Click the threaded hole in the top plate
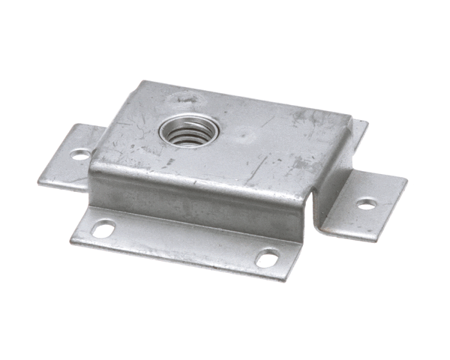coord(187,134)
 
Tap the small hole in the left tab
coord(79,155)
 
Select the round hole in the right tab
coord(366,203)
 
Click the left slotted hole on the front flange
coord(104,228)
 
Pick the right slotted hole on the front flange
coord(266,259)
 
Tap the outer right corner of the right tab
coord(406,183)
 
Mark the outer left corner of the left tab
coord(40,181)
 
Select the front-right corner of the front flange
coord(285,279)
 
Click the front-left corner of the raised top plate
coord(91,174)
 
